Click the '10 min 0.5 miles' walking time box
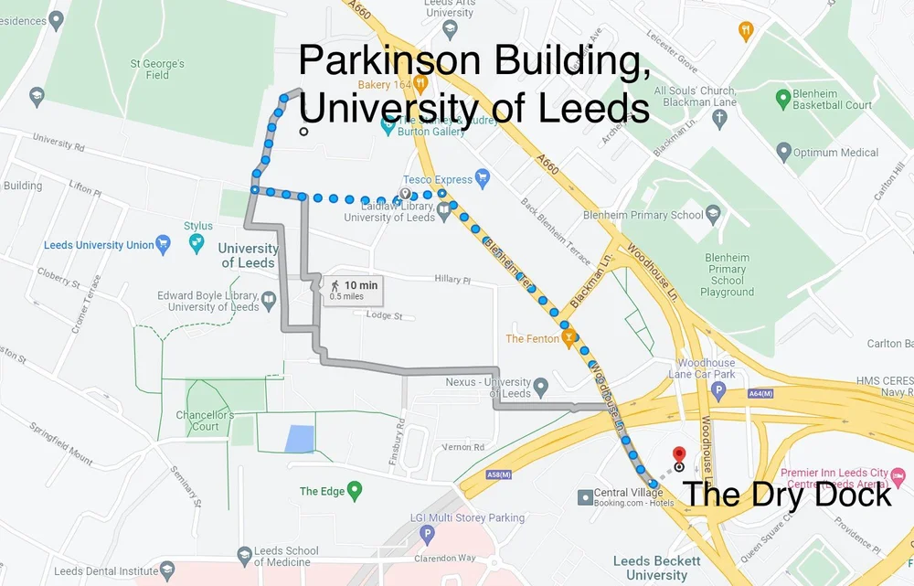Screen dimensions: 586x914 tap(352, 290)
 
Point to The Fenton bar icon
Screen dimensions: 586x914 tap(569, 338)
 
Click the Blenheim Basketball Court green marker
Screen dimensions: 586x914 tap(782, 98)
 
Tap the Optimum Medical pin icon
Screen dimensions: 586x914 tap(782, 151)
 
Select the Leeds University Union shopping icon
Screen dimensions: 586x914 tap(164, 243)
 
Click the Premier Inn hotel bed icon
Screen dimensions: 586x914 tap(898, 476)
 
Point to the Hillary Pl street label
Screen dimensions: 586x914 tap(452, 281)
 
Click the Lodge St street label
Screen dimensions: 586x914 tap(384, 315)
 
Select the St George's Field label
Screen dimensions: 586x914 tap(158, 69)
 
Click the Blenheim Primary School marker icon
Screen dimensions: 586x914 tap(714, 214)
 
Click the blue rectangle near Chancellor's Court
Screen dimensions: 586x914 tap(298, 439)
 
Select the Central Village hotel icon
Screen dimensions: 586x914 tap(585, 496)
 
